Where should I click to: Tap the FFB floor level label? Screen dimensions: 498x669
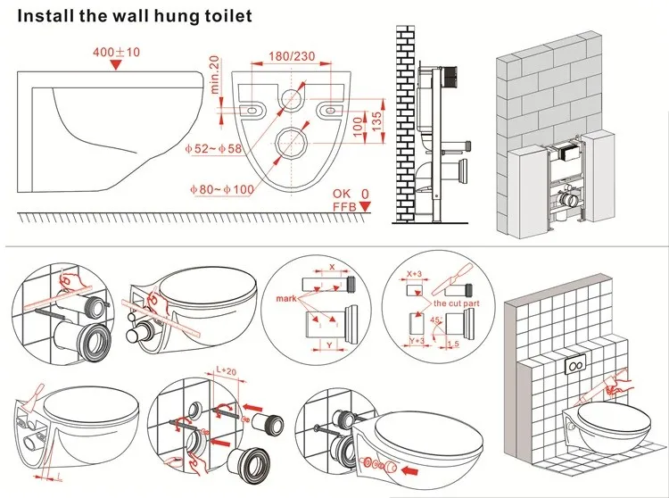(344, 208)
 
